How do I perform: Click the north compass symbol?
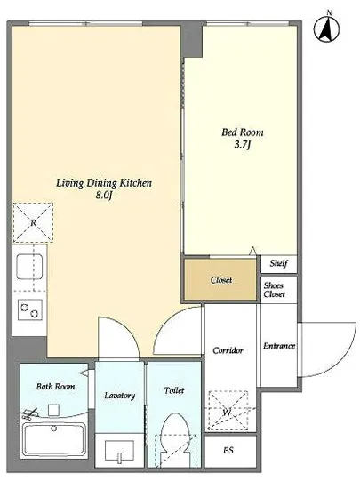[326, 29]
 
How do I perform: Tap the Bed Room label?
[242, 132]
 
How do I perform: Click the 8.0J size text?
[103, 196]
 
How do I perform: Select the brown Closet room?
[220, 280]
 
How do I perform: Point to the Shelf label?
[278, 263]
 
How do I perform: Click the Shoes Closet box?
[278, 290]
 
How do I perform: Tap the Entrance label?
[279, 346]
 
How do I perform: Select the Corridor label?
[228, 350]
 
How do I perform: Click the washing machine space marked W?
[228, 411]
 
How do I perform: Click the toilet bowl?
[175, 439]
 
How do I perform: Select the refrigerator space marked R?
[33, 223]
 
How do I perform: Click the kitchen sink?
[29, 267]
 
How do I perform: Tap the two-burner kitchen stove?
[29, 309]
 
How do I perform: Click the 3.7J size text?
[242, 145]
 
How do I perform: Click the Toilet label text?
[174, 390]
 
